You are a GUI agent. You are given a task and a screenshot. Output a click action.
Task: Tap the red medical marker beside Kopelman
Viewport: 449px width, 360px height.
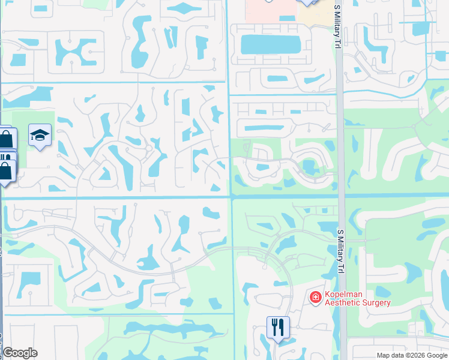coord(315,297)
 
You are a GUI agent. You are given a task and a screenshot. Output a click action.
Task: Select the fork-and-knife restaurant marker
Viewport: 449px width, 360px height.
coord(278,327)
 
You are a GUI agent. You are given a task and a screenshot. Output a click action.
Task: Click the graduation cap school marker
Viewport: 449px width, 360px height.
coord(40,136)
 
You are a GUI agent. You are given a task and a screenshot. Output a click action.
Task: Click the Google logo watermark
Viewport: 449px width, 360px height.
coord(20,353)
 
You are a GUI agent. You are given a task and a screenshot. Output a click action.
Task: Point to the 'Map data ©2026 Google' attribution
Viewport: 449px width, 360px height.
coord(412,355)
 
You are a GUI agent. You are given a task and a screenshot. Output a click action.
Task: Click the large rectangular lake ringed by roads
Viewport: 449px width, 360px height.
coord(270,44)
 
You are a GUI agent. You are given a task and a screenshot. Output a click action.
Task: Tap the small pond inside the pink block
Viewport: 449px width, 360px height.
coord(286,19)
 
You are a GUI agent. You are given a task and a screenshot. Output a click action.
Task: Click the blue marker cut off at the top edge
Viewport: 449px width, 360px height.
coord(307,2)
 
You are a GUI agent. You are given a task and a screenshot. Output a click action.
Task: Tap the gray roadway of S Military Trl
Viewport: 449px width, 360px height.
coord(340,150)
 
